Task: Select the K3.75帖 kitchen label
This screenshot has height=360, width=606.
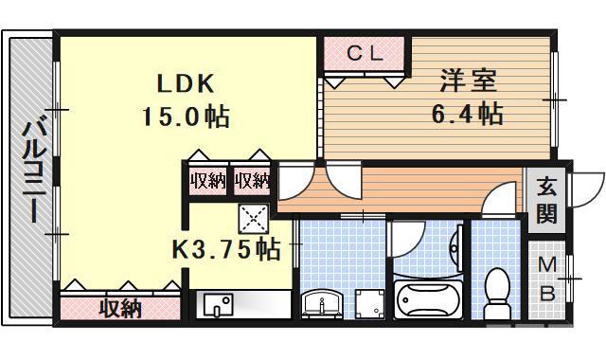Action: [225, 249]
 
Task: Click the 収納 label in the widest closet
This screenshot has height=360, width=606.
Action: [120, 308]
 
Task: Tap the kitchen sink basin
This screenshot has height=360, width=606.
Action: [220, 307]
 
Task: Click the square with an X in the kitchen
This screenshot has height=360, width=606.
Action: [254, 219]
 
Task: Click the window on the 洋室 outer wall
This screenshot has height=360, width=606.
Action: [555, 99]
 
